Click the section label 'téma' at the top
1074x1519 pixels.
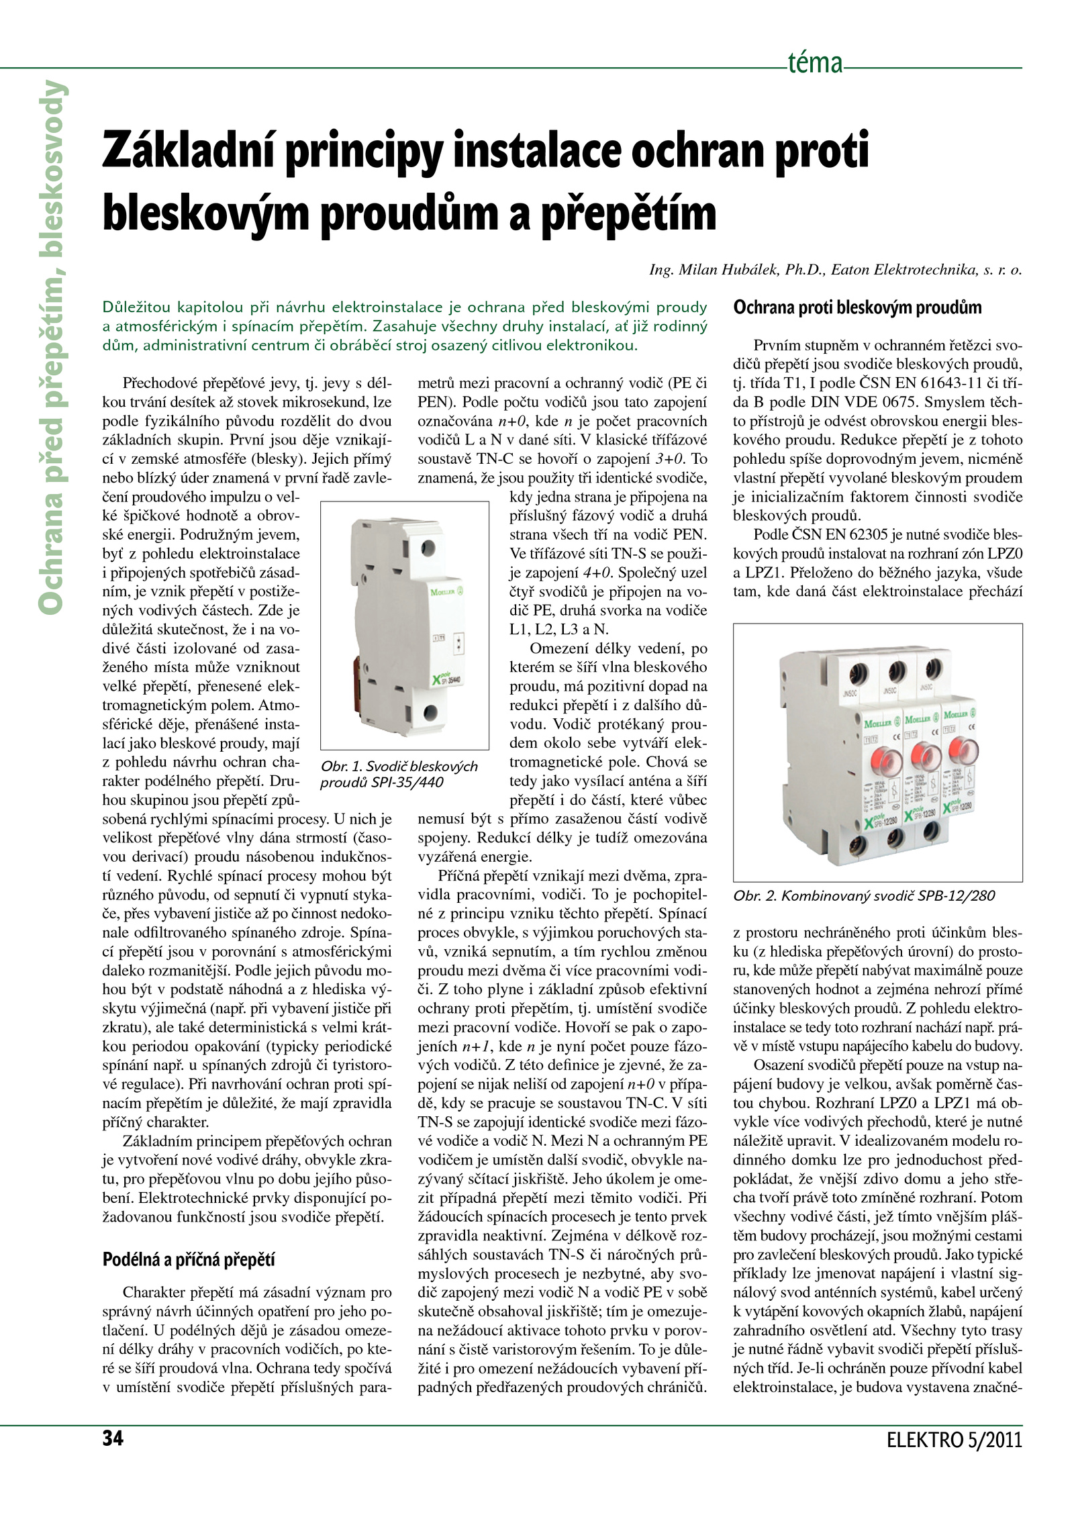click(815, 64)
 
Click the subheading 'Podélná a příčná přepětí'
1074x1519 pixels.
click(189, 1260)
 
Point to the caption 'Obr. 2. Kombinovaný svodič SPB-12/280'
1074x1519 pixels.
click(864, 895)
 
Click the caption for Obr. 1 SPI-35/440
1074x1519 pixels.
click(399, 774)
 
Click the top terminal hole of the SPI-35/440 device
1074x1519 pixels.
click(428, 547)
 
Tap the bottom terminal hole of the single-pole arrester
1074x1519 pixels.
click(430, 712)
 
